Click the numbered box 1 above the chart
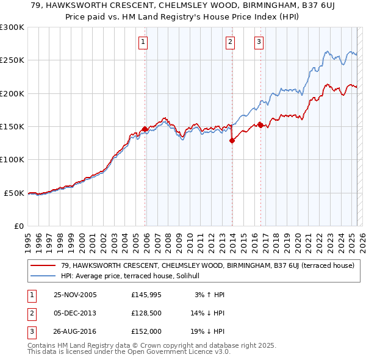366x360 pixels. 143,42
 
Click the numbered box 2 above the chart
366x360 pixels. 230,42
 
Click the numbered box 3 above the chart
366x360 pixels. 259,42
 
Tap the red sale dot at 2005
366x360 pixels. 145,129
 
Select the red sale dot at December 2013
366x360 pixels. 232,140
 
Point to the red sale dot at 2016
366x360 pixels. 260,125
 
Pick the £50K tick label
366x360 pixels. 14,193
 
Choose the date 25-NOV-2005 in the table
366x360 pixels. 75,295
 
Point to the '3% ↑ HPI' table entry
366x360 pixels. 210,295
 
